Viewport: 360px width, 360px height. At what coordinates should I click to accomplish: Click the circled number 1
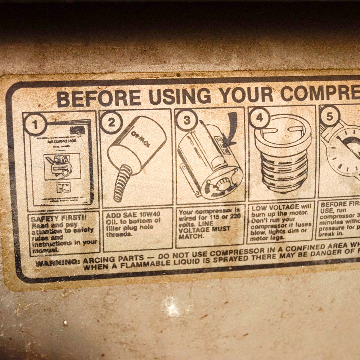pos(35,125)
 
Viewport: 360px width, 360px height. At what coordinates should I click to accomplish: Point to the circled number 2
pos(111,122)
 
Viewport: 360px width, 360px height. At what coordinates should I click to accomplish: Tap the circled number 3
pos(186,120)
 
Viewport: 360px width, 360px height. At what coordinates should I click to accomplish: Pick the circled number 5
pos(330,116)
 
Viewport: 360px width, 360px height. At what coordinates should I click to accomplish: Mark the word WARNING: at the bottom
pos(58,262)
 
